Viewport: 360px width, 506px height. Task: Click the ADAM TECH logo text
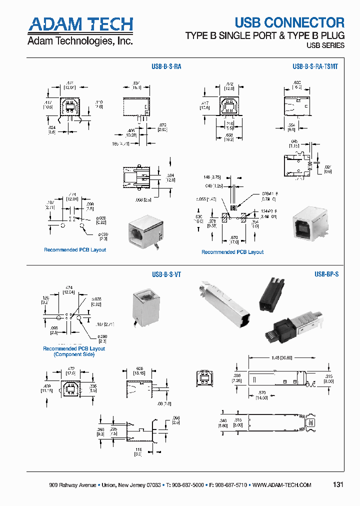point(80,24)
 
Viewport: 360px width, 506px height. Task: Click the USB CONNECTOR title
point(289,22)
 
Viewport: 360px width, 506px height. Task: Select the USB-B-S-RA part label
point(166,65)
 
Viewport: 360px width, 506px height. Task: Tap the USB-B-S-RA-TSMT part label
point(315,65)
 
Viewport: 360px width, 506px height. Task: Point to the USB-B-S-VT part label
point(166,274)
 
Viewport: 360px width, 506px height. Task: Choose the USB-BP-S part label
point(326,274)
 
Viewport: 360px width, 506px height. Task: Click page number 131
point(338,484)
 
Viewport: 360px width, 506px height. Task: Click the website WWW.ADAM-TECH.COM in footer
point(282,485)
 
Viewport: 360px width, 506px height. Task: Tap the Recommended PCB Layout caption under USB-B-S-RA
point(75,250)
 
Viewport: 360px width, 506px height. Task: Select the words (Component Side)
point(74,354)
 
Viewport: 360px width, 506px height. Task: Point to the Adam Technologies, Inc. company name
point(80,41)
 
